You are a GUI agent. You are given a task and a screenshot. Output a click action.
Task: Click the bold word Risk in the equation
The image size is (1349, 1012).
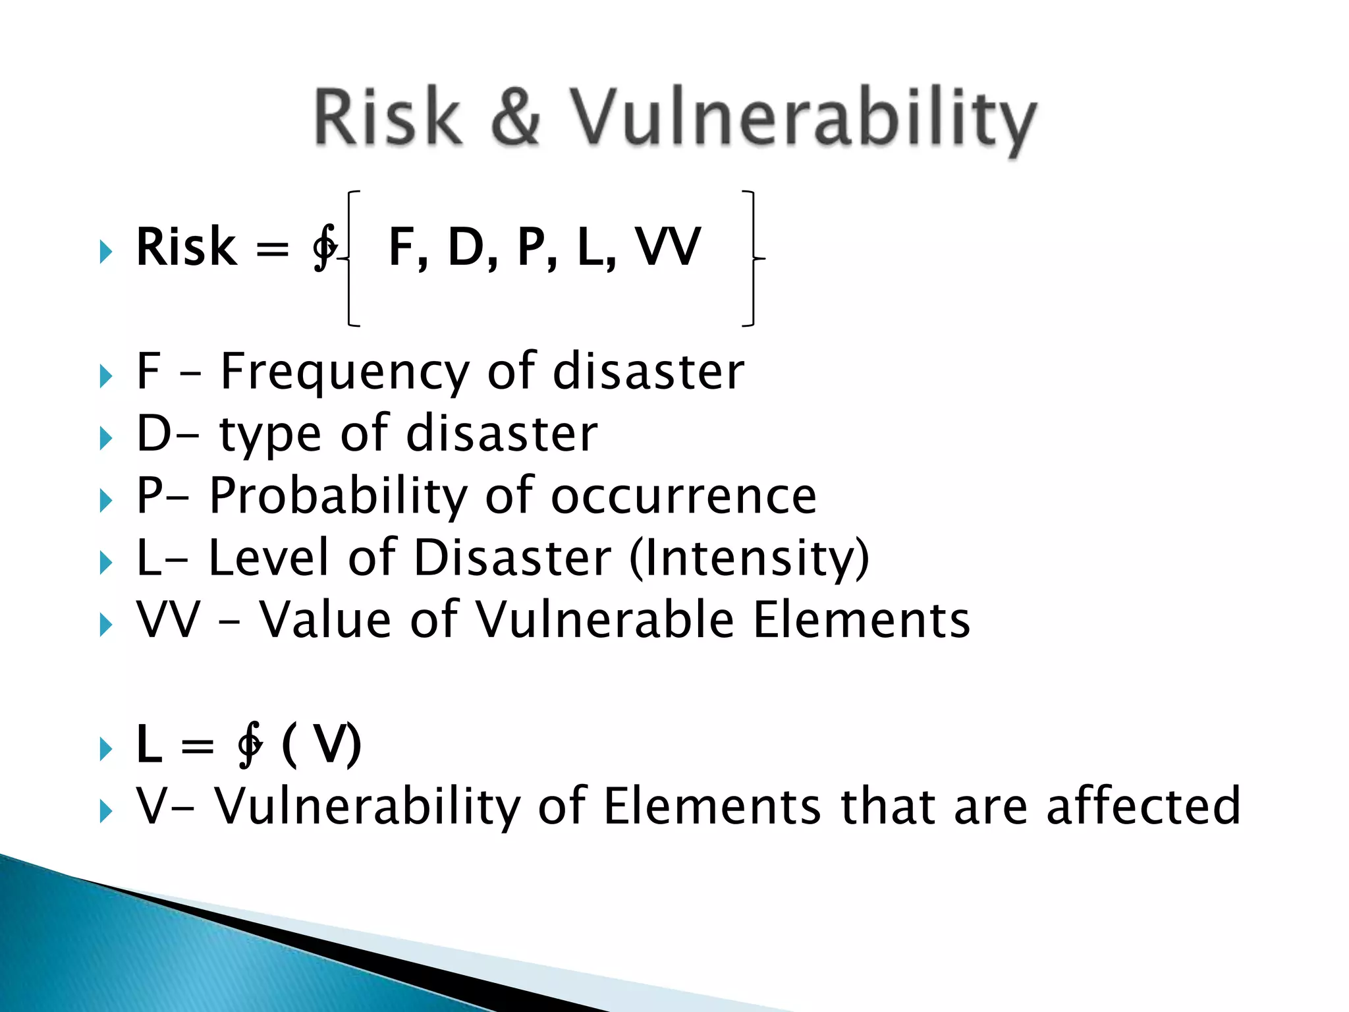(186, 247)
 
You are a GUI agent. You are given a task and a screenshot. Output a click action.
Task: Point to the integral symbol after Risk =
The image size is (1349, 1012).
(325, 247)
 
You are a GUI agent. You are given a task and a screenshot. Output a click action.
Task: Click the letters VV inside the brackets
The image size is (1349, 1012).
(668, 247)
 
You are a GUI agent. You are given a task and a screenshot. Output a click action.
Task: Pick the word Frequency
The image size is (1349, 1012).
(344, 372)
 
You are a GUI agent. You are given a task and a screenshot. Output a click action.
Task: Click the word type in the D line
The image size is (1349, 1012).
(270, 435)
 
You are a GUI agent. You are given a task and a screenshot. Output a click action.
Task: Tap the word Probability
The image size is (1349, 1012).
(338, 496)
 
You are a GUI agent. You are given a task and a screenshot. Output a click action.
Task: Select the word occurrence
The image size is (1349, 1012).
(683, 496)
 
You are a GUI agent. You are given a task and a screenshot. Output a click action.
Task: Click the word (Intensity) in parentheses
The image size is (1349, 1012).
(749, 558)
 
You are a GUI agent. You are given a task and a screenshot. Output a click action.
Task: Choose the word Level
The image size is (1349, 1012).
(268, 558)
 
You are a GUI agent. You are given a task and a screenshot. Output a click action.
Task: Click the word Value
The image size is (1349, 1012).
(326, 620)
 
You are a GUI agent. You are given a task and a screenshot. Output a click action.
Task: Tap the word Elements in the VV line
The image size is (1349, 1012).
(861, 620)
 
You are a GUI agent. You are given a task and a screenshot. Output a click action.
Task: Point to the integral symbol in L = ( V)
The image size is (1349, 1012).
(250, 745)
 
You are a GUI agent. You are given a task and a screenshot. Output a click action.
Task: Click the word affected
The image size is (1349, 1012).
(1143, 806)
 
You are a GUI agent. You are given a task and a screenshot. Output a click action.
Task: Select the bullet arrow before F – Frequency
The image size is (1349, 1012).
(105, 377)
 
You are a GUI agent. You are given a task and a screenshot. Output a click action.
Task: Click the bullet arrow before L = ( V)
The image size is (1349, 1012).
(105, 749)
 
